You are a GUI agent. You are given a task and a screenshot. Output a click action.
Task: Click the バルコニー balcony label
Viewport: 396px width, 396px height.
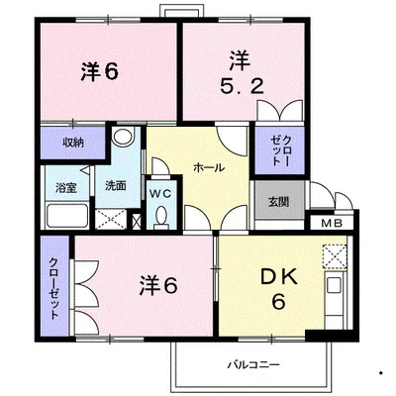point(253,364)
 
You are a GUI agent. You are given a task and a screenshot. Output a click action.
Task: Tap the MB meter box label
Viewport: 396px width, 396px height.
point(332,224)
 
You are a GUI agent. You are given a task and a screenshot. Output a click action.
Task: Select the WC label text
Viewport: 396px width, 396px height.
point(161,194)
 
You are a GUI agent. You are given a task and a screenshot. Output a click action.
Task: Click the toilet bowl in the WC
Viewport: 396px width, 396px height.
point(161,217)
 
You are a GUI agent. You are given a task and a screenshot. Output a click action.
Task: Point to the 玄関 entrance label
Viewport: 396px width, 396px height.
point(278,202)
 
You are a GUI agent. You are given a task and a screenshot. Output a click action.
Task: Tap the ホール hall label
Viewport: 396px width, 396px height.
point(209,167)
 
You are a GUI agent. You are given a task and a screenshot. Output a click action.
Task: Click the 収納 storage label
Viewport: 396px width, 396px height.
point(73,143)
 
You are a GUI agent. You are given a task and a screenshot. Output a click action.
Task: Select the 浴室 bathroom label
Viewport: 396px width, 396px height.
point(66,188)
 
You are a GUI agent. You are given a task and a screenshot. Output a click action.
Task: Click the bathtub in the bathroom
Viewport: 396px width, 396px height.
point(67,216)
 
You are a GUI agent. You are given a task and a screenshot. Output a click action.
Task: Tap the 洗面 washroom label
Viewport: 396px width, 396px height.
point(116,185)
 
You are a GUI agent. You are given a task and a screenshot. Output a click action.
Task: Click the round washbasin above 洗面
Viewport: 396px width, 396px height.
point(123,136)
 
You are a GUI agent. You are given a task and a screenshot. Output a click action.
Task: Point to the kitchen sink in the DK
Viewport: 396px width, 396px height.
point(334,285)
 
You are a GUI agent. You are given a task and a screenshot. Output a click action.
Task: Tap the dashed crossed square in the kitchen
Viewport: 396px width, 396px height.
point(335,256)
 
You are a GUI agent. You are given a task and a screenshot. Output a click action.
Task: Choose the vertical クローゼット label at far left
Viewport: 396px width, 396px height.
point(53,288)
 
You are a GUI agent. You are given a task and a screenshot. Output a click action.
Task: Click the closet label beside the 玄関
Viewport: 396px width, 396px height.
point(281,150)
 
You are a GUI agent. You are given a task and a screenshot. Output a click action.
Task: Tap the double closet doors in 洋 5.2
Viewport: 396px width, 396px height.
point(279,110)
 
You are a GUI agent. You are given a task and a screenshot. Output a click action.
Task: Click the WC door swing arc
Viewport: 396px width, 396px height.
point(161,164)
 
